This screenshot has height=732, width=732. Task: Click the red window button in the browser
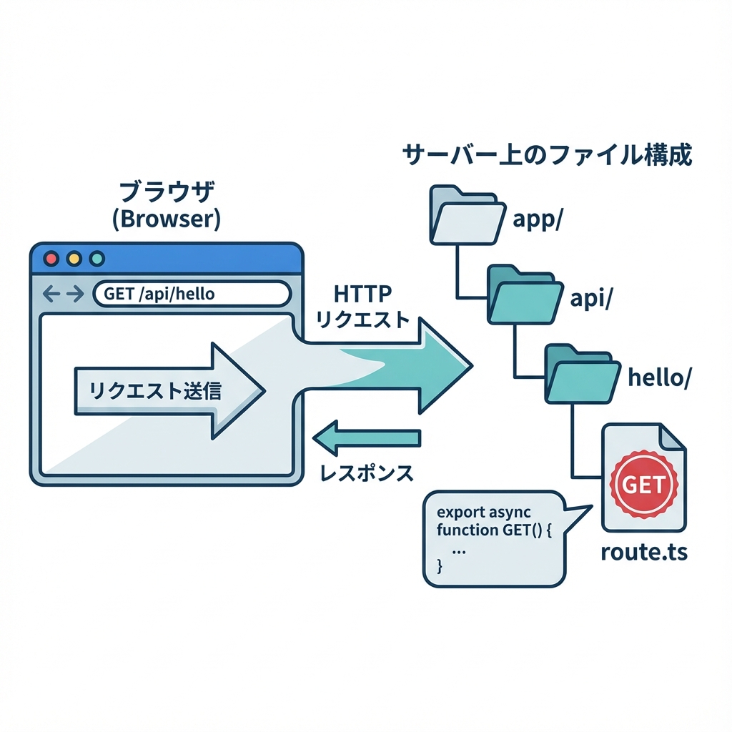(x=51, y=258)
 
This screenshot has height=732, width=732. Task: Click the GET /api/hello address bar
(x=192, y=293)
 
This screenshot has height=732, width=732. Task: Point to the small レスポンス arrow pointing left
(x=367, y=438)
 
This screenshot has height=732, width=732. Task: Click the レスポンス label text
(x=366, y=473)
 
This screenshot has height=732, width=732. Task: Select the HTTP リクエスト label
(x=362, y=307)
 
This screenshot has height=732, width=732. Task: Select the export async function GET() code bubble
(x=493, y=538)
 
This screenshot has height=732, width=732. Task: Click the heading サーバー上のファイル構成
(x=547, y=154)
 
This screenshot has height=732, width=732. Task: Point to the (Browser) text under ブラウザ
(x=167, y=219)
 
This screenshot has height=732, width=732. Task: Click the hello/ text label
(x=658, y=378)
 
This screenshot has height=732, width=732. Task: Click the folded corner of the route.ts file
(x=672, y=437)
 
